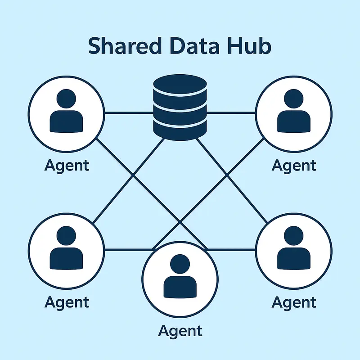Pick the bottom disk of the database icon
point(180,126)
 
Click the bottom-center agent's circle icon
point(180,275)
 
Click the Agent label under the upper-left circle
point(67,165)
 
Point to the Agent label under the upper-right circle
point(294,165)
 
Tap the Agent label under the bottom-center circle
point(180,331)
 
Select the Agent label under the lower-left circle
point(67,302)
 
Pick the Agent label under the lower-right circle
point(294,302)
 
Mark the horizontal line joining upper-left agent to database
point(128,112)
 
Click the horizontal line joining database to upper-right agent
point(231,112)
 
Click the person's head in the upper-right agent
point(293,97)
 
